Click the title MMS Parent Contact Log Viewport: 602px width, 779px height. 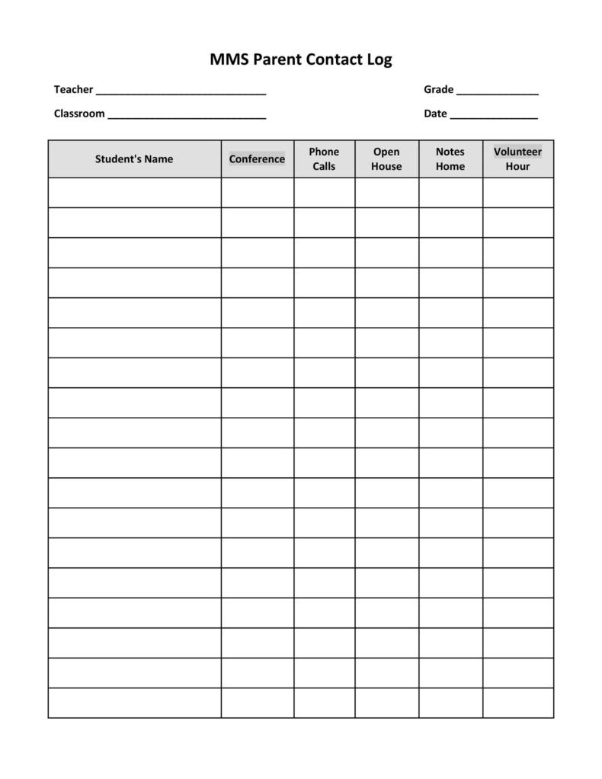click(300, 59)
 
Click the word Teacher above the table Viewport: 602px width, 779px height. click(73, 90)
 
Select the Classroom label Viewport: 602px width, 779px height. click(79, 114)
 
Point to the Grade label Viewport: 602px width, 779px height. click(438, 90)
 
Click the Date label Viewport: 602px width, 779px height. click(435, 114)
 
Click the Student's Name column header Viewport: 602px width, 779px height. click(134, 159)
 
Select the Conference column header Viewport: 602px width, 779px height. click(257, 159)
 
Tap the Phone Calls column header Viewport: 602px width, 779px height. click(324, 159)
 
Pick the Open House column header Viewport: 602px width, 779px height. click(386, 159)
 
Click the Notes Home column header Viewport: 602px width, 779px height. click(450, 159)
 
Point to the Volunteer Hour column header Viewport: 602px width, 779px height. click(517, 159)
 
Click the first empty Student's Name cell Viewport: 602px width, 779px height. click(134, 193)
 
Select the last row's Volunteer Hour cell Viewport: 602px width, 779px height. click(518, 703)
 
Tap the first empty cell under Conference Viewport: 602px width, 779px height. click(258, 193)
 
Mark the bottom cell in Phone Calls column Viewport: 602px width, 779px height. click(324, 703)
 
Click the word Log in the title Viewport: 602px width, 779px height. click(379, 60)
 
